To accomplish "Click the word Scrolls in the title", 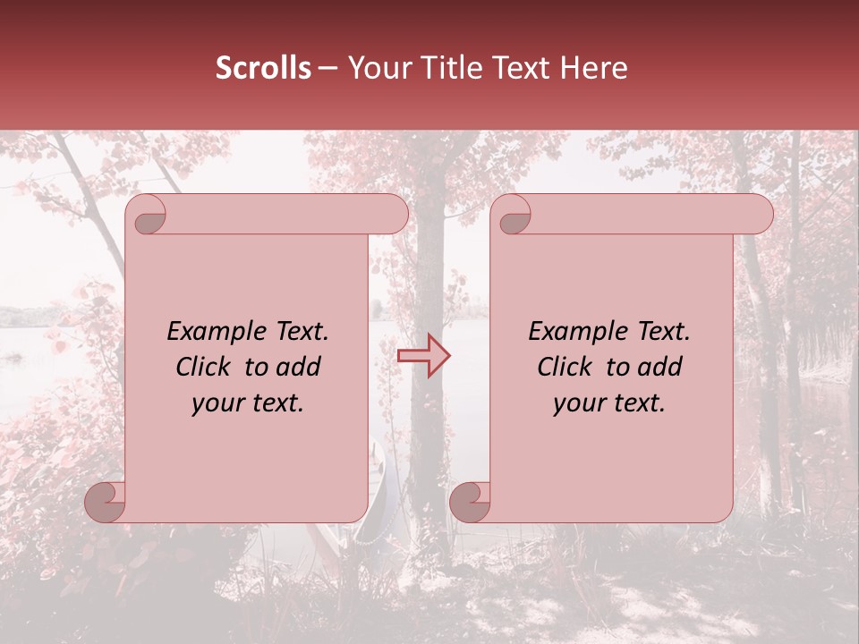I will (x=263, y=68).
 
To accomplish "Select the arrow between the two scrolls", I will (x=424, y=356).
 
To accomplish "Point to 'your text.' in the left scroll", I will (x=248, y=403).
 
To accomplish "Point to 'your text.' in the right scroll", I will (x=609, y=403).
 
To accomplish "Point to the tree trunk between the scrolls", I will (x=429, y=268).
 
